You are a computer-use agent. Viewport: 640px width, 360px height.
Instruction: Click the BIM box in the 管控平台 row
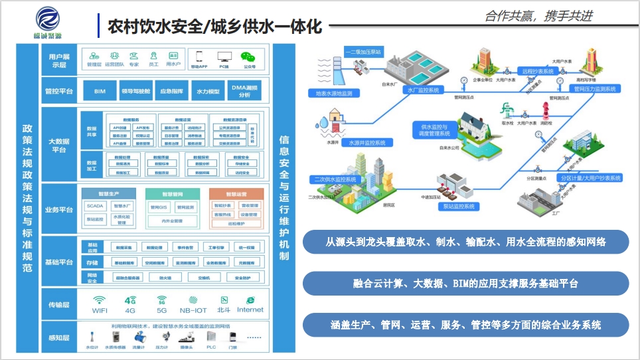(x=100, y=91)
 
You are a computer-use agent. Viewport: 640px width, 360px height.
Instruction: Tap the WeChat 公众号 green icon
(x=249, y=57)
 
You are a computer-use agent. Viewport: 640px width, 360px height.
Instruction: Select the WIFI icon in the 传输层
(x=100, y=300)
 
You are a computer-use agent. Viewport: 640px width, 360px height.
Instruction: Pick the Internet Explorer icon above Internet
(x=250, y=300)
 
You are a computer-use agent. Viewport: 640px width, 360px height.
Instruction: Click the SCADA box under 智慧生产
(x=95, y=207)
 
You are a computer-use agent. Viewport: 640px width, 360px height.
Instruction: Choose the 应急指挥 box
(x=173, y=91)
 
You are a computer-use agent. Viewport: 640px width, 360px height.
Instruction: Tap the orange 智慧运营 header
(x=236, y=195)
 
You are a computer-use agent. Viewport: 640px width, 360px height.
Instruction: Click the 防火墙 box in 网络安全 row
(x=165, y=278)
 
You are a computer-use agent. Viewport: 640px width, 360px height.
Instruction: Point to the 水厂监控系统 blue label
(x=423, y=90)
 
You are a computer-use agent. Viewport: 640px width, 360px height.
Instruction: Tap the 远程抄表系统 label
(x=537, y=70)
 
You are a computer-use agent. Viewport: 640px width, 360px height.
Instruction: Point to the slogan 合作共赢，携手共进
(x=538, y=16)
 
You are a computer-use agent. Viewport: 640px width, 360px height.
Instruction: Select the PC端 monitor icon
(x=224, y=57)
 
